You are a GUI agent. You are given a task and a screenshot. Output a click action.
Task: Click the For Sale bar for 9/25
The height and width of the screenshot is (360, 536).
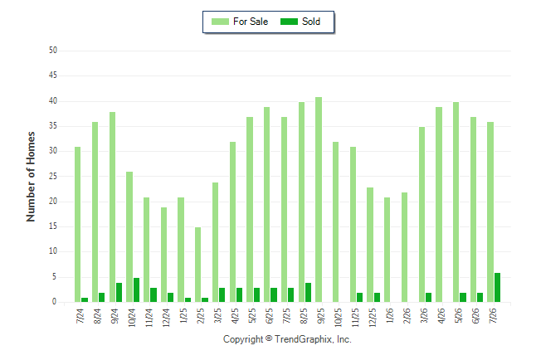point(319,200)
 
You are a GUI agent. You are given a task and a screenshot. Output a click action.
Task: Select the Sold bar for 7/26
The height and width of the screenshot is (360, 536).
point(497,288)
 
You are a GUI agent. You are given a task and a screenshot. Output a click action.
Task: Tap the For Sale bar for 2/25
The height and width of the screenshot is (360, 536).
point(198,265)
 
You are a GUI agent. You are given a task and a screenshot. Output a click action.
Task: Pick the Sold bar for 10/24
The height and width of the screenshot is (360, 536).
point(136,290)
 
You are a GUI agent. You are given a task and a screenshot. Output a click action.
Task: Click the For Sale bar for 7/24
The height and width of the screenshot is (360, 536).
point(78,225)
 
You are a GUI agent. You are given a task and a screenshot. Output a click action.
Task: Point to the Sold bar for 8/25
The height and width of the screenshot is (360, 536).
point(308,292)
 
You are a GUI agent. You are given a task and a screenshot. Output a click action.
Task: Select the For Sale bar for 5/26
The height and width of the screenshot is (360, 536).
point(456,202)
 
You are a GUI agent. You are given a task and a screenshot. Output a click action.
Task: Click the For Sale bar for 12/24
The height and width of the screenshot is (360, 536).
point(163,255)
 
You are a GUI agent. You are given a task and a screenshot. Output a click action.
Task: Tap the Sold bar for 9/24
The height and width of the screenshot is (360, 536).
point(119,292)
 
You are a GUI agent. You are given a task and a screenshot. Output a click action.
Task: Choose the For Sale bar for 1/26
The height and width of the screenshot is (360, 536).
point(387,250)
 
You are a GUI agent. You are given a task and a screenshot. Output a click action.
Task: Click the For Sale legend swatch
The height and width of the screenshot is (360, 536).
point(220,22)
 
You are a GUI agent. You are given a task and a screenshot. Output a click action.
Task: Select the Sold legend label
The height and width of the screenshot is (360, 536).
point(311,22)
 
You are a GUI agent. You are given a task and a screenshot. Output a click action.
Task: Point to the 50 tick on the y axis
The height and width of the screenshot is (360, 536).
point(53,51)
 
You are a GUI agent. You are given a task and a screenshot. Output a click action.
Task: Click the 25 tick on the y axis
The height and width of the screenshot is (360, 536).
point(53,177)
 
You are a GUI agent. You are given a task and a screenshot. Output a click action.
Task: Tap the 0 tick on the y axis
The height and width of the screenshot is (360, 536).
point(55,302)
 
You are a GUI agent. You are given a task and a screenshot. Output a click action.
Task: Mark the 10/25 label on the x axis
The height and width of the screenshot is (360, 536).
point(338,317)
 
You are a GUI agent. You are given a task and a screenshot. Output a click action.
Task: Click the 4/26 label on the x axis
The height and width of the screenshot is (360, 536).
point(441,315)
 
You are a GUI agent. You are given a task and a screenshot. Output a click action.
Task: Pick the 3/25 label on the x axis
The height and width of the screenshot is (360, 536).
point(217,315)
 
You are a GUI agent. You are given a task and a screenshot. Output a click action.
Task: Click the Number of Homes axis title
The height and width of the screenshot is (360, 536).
point(31,177)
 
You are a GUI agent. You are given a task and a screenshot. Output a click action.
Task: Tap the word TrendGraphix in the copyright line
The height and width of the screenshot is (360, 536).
point(303,339)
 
